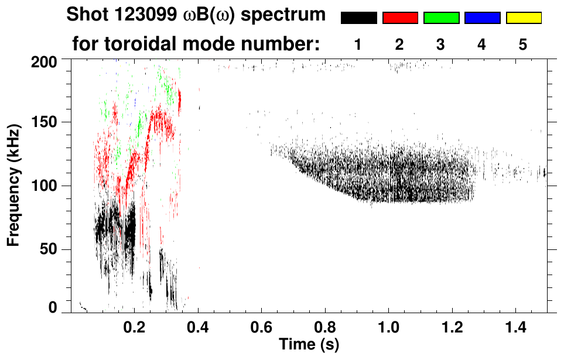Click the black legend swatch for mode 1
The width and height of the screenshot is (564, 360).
(x=359, y=18)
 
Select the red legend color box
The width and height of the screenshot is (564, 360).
(x=400, y=18)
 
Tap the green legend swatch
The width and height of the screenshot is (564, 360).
(x=441, y=18)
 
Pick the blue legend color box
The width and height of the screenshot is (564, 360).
(x=482, y=18)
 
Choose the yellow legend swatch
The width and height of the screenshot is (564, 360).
(x=524, y=18)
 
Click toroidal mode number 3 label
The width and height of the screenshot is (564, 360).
(x=440, y=44)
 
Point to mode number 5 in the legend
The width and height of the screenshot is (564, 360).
(x=523, y=44)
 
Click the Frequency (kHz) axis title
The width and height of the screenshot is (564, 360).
(x=13, y=185)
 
